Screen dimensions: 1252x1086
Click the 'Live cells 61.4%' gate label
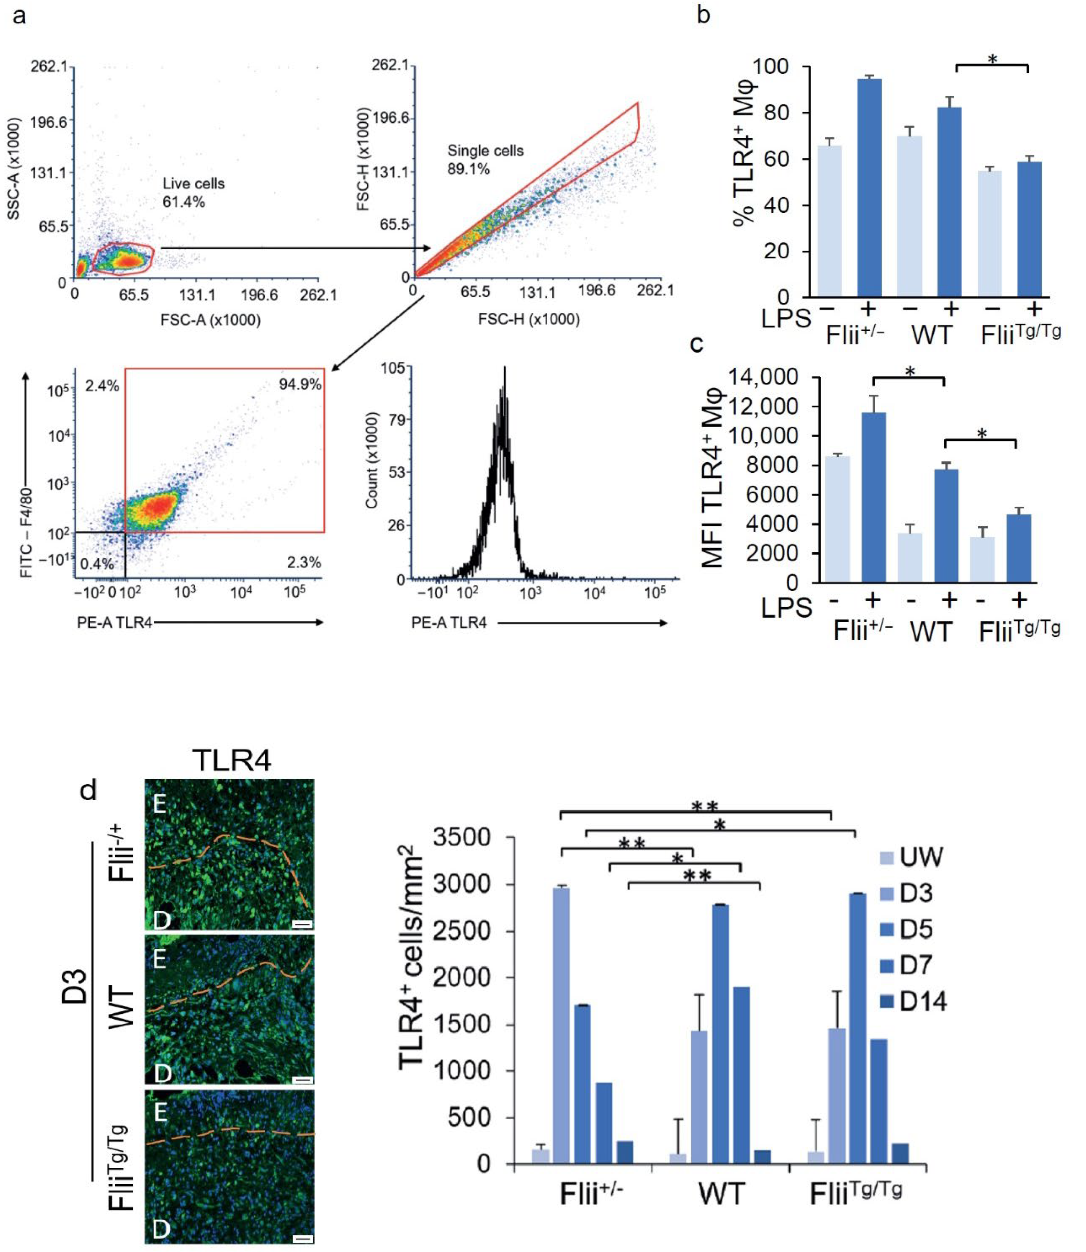pos(193,193)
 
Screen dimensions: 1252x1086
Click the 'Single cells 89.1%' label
pos(485,160)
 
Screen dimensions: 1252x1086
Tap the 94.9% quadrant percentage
pos(300,384)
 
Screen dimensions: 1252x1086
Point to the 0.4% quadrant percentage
pos(97,564)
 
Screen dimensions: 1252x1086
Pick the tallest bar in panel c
pos(873,497)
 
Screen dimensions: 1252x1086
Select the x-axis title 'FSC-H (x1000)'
pos(528,319)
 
